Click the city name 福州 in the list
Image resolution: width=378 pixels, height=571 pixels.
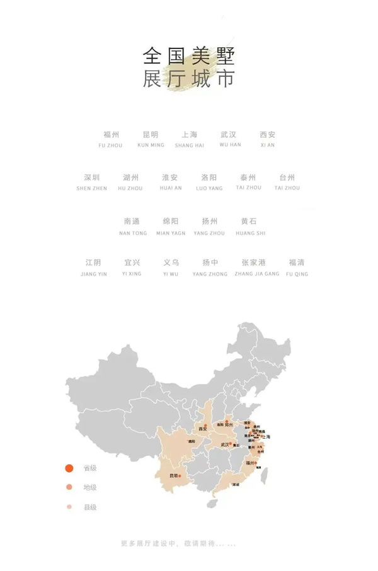[112, 135]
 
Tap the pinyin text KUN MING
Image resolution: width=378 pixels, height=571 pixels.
[151, 145]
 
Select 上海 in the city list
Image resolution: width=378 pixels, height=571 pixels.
[190, 135]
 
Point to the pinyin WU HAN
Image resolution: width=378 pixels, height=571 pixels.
[230, 145]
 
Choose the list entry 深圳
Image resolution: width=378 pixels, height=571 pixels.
[92, 178]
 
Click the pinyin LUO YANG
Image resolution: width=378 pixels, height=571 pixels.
[209, 188]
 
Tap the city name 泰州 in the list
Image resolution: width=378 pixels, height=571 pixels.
[248, 178]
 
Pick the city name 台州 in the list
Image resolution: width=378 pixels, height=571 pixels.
[287, 178]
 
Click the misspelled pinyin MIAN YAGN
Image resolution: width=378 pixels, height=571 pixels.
[171, 233]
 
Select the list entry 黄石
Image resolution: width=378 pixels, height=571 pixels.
[249, 222]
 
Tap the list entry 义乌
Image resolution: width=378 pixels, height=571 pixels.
[171, 263]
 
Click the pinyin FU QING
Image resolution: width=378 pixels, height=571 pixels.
[297, 274]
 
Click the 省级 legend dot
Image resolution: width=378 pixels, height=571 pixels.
[69, 468]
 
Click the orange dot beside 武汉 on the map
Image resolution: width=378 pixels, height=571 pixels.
[231, 444]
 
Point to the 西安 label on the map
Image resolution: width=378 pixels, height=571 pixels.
[203, 429]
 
